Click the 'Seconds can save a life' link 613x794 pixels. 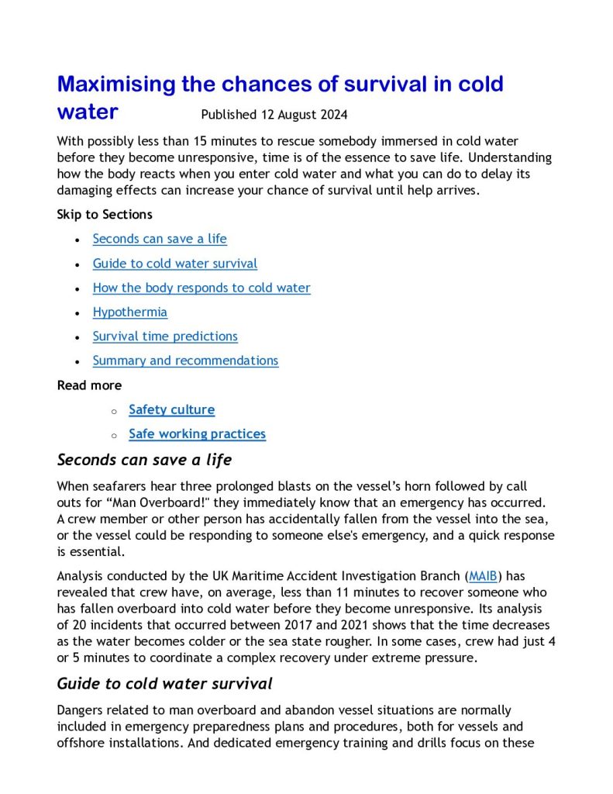coord(160,239)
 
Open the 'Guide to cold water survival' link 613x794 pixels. coord(174,264)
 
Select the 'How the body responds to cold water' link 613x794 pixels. coord(201,288)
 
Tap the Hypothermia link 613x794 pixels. coord(129,312)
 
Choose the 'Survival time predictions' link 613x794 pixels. coord(165,337)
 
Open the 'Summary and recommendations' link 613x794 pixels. coord(185,361)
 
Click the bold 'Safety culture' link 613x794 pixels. coord(171,409)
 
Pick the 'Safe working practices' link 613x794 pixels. coord(197,434)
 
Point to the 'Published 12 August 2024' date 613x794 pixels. coord(274,115)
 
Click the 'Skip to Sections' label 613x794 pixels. coord(105,214)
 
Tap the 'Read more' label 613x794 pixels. coord(89,385)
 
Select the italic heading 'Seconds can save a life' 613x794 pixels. coord(144,460)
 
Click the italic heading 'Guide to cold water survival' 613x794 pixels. coord(164,684)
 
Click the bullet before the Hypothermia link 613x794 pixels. coord(76,313)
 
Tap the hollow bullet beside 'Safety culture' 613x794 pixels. coord(113,410)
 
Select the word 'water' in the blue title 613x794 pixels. coord(88,112)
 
